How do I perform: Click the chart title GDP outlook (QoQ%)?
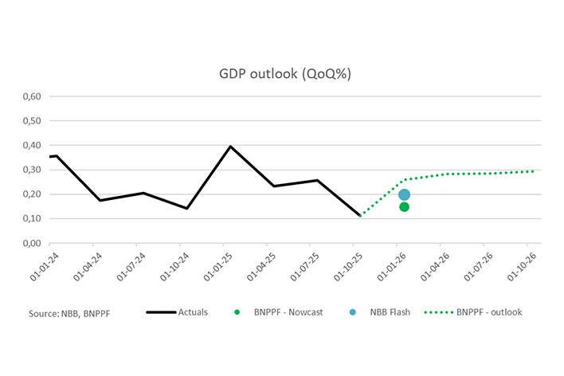point(285,74)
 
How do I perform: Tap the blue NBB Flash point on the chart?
point(404,194)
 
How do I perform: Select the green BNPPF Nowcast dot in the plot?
point(404,207)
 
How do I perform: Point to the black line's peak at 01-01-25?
point(230,147)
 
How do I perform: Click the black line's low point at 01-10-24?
point(186,209)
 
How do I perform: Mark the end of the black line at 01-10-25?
point(360,215)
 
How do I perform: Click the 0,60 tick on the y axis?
point(33,97)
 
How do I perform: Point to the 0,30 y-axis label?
point(33,170)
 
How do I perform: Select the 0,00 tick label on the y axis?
point(33,243)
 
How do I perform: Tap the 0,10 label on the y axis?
point(33,219)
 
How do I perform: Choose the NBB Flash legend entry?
point(390,312)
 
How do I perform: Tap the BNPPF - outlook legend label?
point(489,312)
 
